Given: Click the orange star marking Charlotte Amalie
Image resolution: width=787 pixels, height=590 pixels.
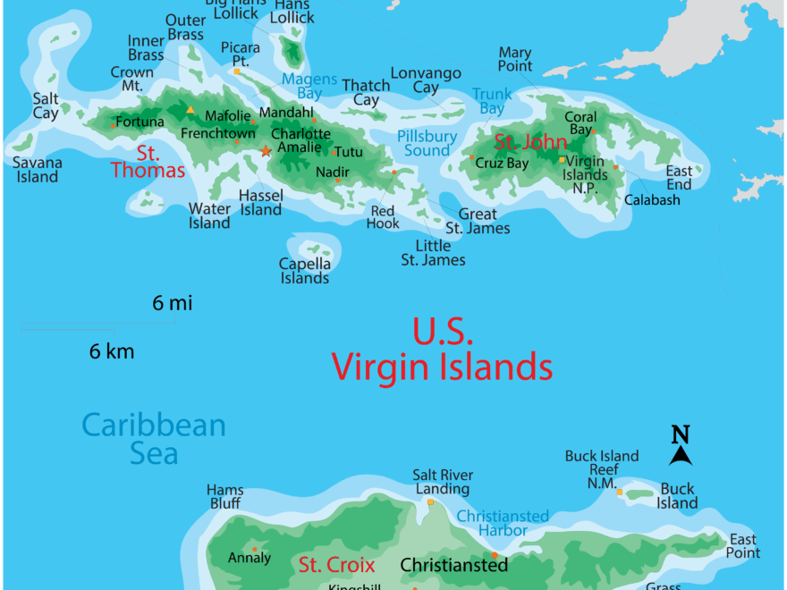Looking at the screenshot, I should pos(265,151).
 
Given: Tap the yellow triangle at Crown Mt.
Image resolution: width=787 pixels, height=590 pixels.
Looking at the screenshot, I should pos(190,110).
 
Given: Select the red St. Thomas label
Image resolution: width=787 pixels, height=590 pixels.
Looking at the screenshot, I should pos(148,162).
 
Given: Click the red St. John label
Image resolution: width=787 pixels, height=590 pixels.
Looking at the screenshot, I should pos(530,142).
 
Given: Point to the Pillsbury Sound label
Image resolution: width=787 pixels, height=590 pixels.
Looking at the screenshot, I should pos(427,143).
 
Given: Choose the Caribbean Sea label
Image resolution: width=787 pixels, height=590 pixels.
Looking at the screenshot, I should pos(154,439).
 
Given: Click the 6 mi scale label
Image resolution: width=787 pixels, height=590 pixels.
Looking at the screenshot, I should pos(172,304).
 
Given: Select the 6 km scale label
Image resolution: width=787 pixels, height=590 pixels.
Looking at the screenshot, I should pos(112,351).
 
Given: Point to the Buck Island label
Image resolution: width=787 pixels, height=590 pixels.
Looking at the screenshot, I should pos(677,496).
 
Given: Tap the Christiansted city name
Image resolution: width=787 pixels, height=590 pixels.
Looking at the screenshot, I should pos(453,565).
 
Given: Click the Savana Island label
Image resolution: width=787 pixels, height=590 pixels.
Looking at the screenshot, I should pos(37,170).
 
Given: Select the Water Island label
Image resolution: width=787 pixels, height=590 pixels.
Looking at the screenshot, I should pos(209,216).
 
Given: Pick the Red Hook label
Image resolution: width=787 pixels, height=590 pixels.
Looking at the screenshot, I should pos(383,217).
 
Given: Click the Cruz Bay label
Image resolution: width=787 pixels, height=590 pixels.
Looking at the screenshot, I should pos(502,164).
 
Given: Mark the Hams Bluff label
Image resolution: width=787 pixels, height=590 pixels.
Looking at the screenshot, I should pos(224,497).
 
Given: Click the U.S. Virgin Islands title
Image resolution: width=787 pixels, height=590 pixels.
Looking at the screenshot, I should pos(442,349).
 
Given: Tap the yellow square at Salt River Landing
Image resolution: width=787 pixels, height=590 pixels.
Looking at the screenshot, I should pos(430,502).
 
